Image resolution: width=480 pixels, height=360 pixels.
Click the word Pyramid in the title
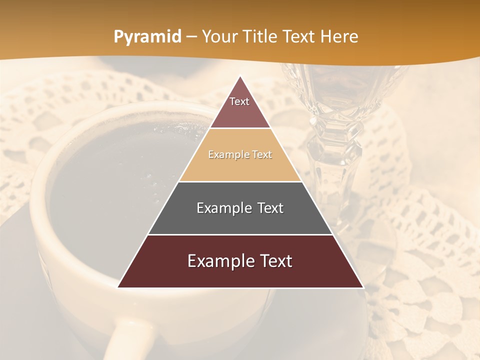147,36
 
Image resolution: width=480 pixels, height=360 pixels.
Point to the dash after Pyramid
191,37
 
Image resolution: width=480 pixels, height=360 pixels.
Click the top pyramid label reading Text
239,101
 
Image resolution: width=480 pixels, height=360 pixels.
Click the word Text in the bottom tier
275,261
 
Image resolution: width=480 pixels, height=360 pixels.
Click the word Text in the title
300,36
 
